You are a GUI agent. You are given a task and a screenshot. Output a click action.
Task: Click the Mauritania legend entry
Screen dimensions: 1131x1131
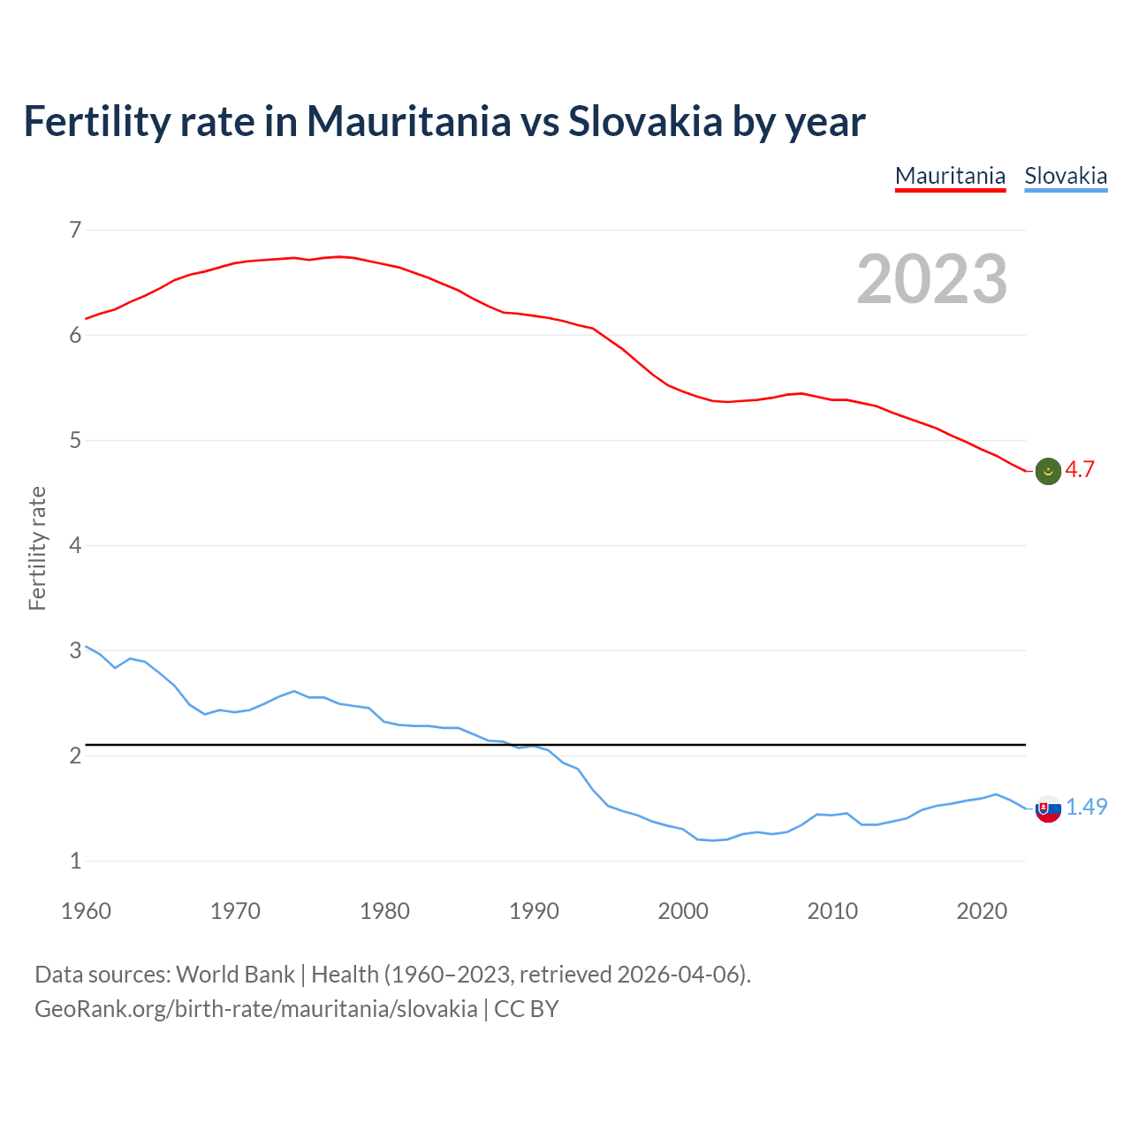(950, 176)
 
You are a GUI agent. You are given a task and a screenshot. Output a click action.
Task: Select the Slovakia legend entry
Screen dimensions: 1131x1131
(1066, 176)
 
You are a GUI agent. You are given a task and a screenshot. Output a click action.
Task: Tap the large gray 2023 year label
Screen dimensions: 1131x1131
(932, 279)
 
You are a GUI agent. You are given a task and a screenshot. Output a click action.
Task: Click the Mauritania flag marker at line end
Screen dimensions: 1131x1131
(1048, 472)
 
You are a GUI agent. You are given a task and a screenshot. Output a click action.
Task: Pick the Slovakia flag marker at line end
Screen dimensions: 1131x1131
(1048, 808)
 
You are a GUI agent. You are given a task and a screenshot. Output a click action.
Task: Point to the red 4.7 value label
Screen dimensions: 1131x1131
(1080, 470)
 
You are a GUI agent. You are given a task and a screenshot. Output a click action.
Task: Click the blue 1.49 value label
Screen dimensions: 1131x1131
(1086, 807)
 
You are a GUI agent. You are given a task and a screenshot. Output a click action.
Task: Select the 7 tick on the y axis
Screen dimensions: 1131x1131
(75, 231)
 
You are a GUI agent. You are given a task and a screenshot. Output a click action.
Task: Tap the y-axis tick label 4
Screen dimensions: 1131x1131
(75, 545)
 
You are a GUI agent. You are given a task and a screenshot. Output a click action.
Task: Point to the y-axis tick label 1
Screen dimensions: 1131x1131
(75, 861)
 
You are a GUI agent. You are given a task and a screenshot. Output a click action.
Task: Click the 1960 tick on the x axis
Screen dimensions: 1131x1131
(86, 911)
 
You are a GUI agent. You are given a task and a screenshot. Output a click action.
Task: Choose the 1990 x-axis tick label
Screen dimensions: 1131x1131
(534, 911)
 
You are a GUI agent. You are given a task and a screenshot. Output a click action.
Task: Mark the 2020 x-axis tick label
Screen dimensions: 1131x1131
(982, 911)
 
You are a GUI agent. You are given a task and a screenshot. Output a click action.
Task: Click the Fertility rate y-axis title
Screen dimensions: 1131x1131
(37, 548)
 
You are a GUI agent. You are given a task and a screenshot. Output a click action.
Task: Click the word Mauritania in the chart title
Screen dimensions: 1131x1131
(408, 121)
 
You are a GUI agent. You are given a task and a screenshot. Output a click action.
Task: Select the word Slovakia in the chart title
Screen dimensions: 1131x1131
(645, 121)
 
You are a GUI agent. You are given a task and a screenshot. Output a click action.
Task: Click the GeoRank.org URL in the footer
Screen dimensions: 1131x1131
(255, 1009)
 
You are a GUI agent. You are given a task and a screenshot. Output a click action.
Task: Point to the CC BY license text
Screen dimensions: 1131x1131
(527, 1009)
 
